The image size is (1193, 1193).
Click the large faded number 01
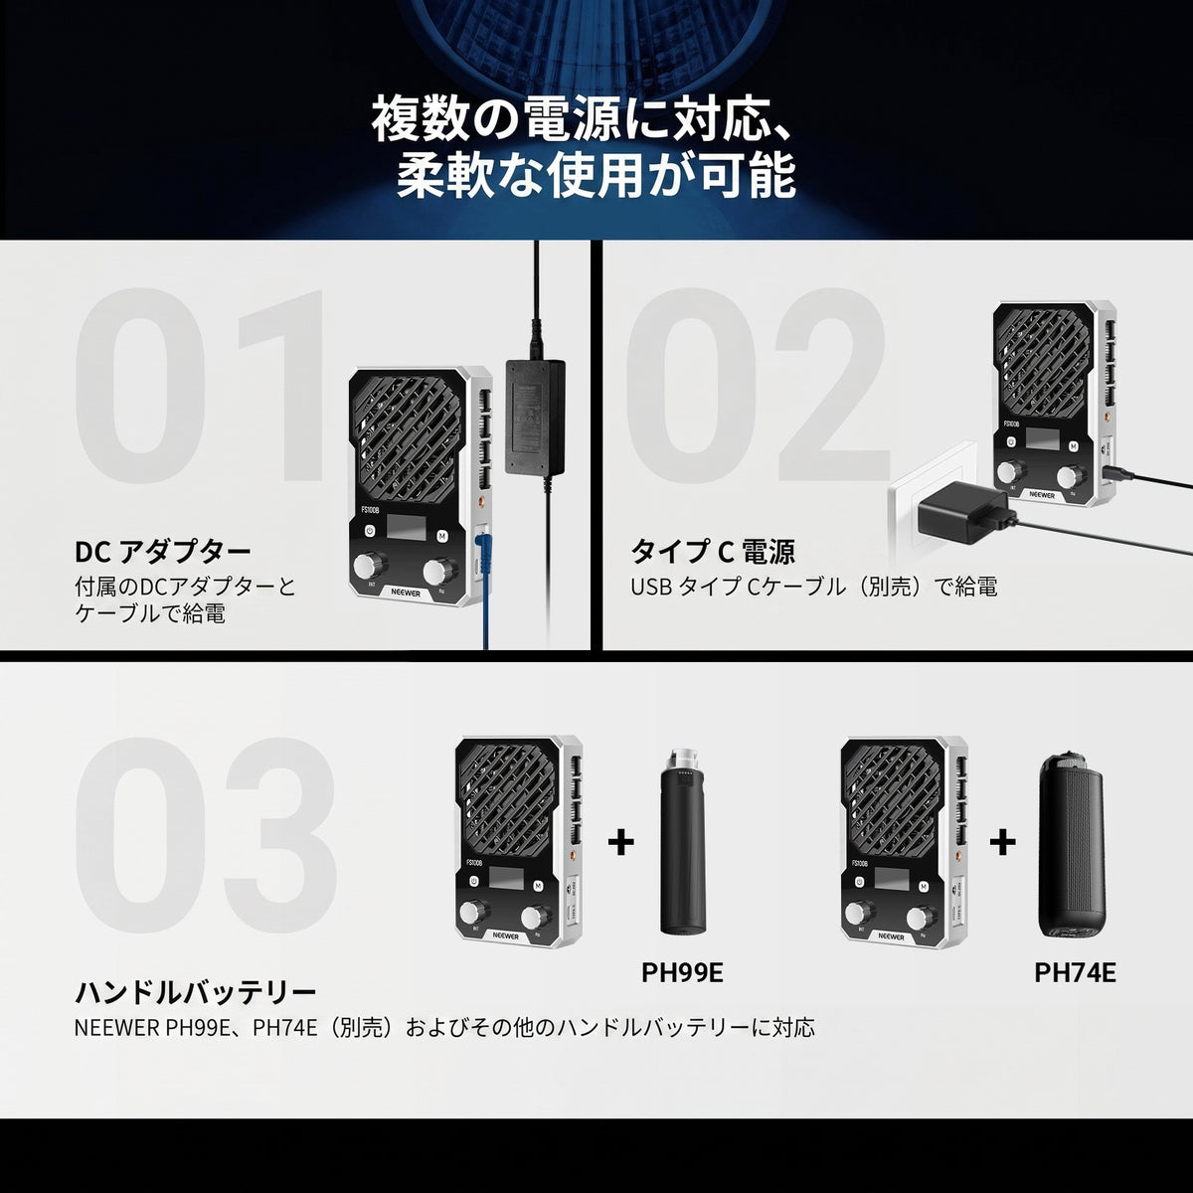pos(200,386)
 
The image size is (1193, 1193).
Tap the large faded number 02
pos(756,386)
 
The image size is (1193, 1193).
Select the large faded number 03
pos(206,834)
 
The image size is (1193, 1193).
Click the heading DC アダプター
pos(163,552)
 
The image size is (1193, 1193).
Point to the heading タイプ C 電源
pos(713,552)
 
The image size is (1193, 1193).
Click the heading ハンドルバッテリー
pos(196,993)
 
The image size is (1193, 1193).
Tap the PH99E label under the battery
pos(682,972)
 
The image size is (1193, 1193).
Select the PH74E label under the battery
pos(1075,972)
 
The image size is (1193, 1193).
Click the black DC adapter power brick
pos(536,418)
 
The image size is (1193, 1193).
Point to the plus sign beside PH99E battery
pos(621,842)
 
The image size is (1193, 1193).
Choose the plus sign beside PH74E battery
pos(1002,842)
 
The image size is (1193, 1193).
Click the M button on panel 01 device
pos(442,536)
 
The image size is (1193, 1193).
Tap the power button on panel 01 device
pos(370,531)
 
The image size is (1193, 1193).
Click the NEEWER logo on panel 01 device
pos(407,594)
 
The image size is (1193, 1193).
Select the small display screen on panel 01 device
pos(407,526)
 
